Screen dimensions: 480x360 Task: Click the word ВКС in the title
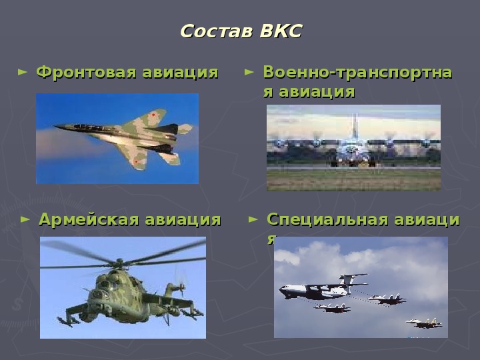[x=281, y=31]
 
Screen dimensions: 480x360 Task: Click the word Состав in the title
[x=217, y=31]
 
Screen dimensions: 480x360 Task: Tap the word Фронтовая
[x=86, y=73]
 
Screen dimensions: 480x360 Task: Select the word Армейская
[x=89, y=219]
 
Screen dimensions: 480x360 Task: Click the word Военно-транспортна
[x=357, y=72]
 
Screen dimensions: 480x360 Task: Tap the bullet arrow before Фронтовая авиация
[x=23, y=72]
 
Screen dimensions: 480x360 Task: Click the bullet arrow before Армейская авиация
[x=25, y=219]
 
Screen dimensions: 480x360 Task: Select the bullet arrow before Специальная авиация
[x=253, y=219]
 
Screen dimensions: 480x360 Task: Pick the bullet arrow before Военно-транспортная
[x=249, y=72]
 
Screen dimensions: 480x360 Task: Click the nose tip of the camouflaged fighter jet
[x=55, y=126]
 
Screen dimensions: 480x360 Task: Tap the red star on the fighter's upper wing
[x=153, y=115]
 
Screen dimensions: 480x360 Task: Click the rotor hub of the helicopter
[x=119, y=263]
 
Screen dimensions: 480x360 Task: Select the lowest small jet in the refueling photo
[x=425, y=323]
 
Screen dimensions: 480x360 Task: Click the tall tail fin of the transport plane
[x=354, y=126]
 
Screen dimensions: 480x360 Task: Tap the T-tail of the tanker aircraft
[x=351, y=279]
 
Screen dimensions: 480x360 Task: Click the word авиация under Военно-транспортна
[x=317, y=92]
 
